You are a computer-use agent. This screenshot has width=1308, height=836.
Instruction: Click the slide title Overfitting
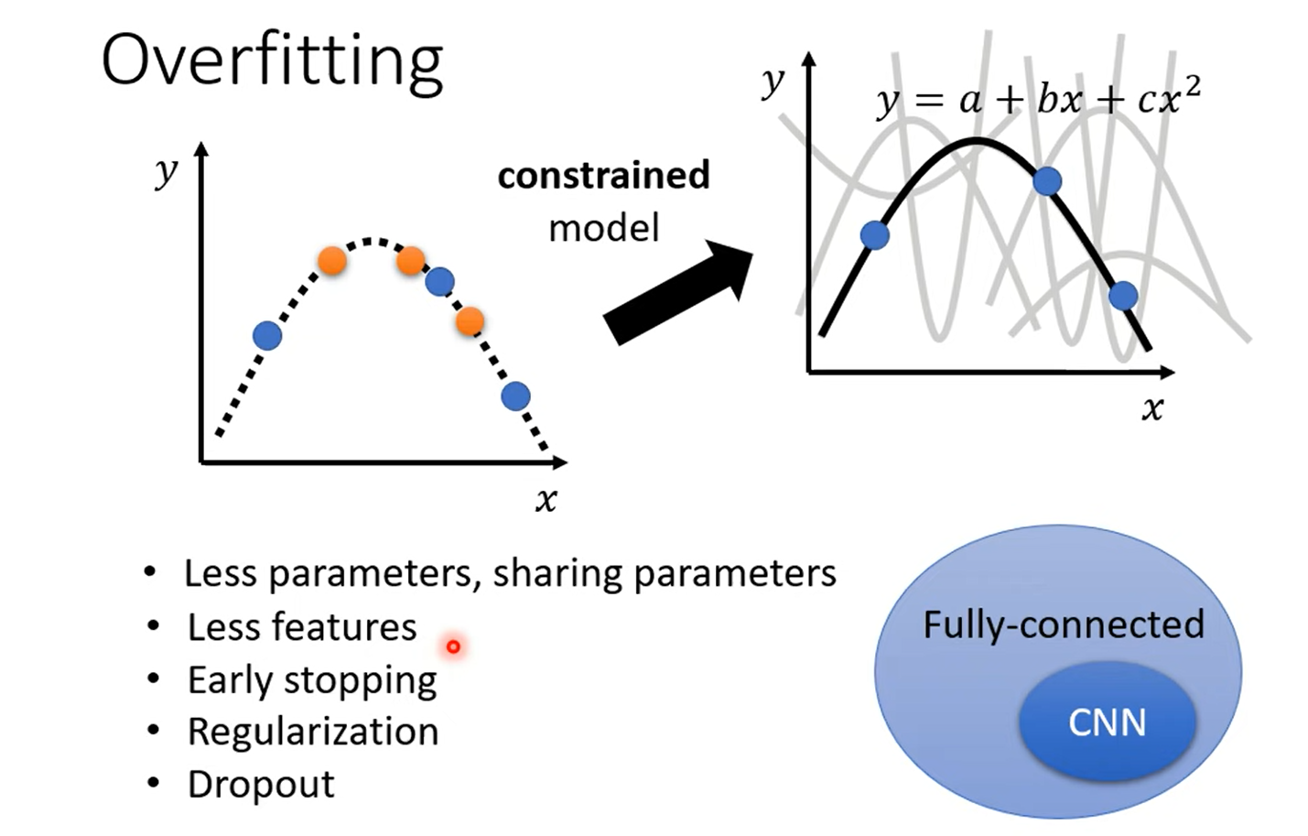pos(272,61)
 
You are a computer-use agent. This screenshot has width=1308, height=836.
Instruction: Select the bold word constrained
pos(603,175)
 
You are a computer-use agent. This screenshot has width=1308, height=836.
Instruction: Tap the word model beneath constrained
pos(603,228)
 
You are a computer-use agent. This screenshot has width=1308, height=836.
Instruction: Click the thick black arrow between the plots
pos(677,293)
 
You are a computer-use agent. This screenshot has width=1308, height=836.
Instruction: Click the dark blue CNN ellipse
pos(1107,722)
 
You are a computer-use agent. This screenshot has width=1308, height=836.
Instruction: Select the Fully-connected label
pos(1063,624)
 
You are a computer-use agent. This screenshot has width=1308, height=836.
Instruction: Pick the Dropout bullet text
pos(261,784)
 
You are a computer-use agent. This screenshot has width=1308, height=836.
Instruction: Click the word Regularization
pos(313,732)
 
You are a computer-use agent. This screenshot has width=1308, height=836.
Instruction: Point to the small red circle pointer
pos(453,647)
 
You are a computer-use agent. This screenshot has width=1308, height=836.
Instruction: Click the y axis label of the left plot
pos(166,170)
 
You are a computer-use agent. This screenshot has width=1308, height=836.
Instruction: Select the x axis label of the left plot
pos(546,500)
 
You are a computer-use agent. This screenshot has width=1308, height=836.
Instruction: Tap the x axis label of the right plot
pos(1152,407)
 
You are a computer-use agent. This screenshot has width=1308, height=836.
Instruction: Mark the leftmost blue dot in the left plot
pos(266,336)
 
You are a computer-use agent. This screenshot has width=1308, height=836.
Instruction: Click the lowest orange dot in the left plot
pos(470,321)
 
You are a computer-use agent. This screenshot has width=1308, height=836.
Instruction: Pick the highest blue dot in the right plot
pos(1047,181)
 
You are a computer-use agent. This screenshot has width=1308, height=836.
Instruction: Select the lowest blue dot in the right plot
pos(1123,296)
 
